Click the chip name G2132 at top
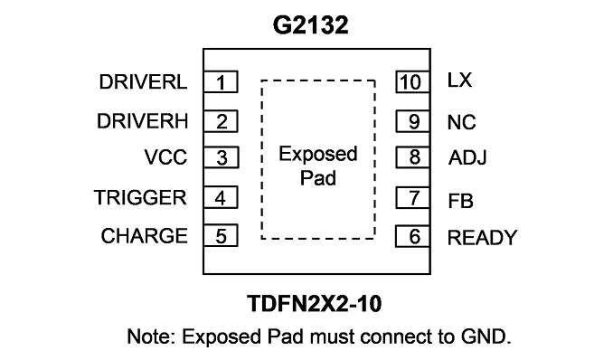pyautogui.click(x=310, y=25)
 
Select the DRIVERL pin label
pyautogui.click(x=143, y=82)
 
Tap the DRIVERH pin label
pyautogui.click(x=142, y=121)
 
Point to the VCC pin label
pyautogui.click(x=165, y=157)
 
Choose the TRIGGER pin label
pyautogui.click(x=140, y=197)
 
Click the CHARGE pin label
pyautogui.click(x=145, y=236)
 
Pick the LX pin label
pyautogui.click(x=459, y=80)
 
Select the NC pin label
pyautogui.click(x=462, y=122)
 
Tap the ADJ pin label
pyautogui.click(x=467, y=157)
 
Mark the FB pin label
pyautogui.click(x=460, y=201)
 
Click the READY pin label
pyautogui.click(x=483, y=238)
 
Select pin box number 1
pyautogui.click(x=221, y=81)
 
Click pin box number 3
pyautogui.click(x=222, y=157)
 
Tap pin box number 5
pyautogui.click(x=221, y=235)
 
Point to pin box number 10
pyautogui.click(x=413, y=81)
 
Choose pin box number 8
pyautogui.click(x=413, y=157)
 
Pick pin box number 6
pyautogui.click(x=413, y=236)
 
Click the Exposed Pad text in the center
pyautogui.click(x=318, y=166)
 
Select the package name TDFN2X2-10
pyautogui.click(x=315, y=304)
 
